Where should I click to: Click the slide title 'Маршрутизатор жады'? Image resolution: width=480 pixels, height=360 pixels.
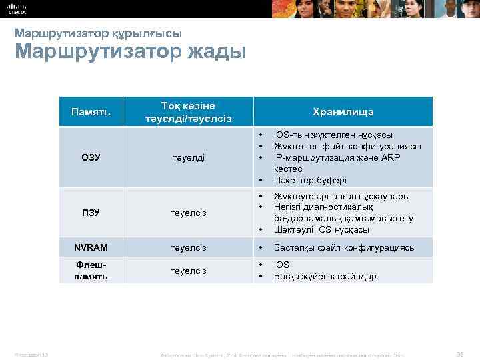pyautogui.click(x=130, y=51)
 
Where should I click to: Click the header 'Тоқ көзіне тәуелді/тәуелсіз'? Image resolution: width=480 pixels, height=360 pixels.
pyautogui.click(x=188, y=111)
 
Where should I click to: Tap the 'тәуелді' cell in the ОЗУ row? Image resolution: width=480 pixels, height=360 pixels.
pyautogui.click(x=188, y=157)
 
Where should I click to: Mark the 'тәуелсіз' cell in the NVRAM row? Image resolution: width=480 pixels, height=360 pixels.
pyautogui.click(x=188, y=247)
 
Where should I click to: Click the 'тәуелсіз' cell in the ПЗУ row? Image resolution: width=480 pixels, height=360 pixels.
pyautogui.click(x=188, y=213)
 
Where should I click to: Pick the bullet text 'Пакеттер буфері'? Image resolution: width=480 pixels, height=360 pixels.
pyautogui.click(x=310, y=181)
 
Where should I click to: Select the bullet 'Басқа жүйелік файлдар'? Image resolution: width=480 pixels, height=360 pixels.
pyautogui.click(x=325, y=276)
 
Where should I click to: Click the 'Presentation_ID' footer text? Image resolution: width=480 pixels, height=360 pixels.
pyautogui.click(x=29, y=354)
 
